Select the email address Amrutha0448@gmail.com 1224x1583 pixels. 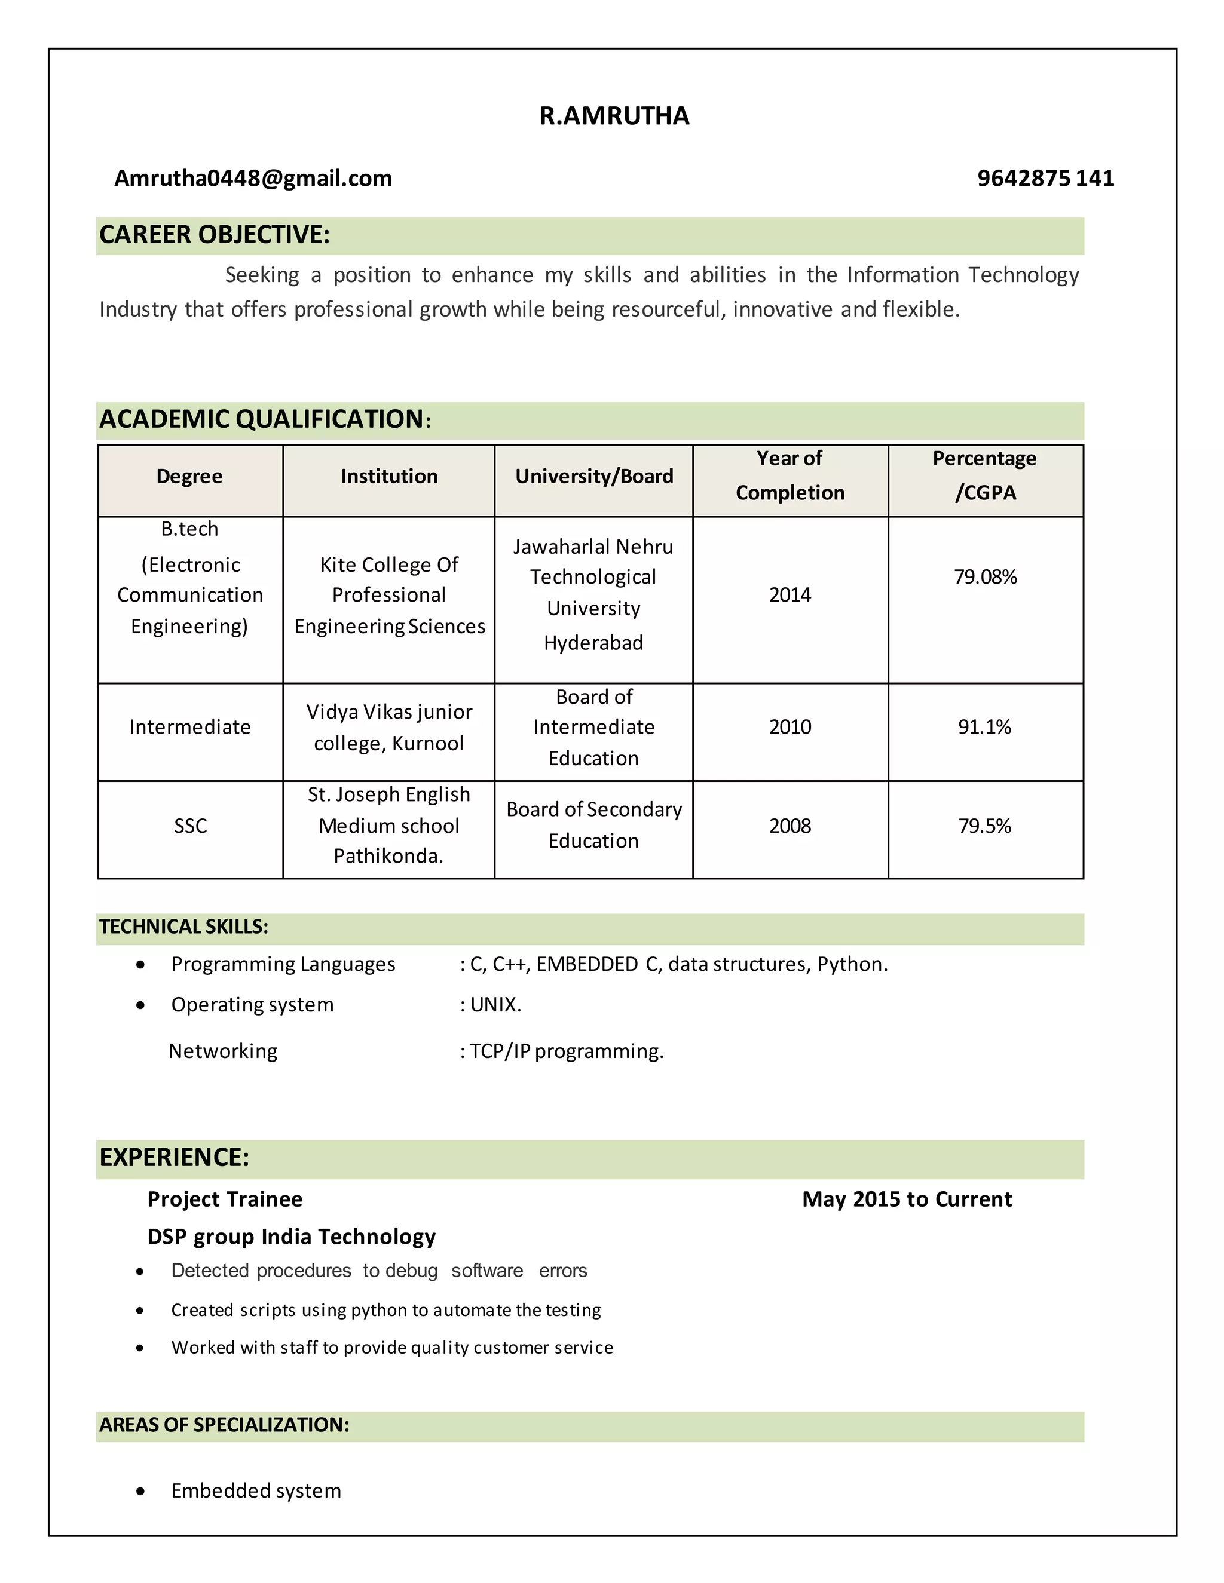pyautogui.click(x=253, y=178)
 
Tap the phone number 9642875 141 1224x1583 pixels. pyautogui.click(x=1045, y=178)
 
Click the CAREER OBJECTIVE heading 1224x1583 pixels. pyautogui.click(x=215, y=235)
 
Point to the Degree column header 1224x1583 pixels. pyautogui.click(x=189, y=476)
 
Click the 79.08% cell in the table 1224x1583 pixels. pyautogui.click(x=985, y=577)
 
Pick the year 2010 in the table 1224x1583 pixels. pyautogui.click(x=790, y=727)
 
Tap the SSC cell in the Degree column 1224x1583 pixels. pyautogui.click(x=190, y=826)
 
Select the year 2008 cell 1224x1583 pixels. pyautogui.click(x=790, y=826)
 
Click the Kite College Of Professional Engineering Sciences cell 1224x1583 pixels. pyautogui.click(x=390, y=595)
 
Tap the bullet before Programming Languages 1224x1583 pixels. pyautogui.click(x=140, y=965)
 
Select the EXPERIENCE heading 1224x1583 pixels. pyautogui.click(x=174, y=1158)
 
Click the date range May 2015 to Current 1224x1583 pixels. pyautogui.click(x=907, y=1199)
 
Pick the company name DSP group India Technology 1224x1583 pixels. pyautogui.click(x=291, y=1237)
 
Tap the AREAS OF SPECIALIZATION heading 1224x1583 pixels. pyautogui.click(x=224, y=1425)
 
